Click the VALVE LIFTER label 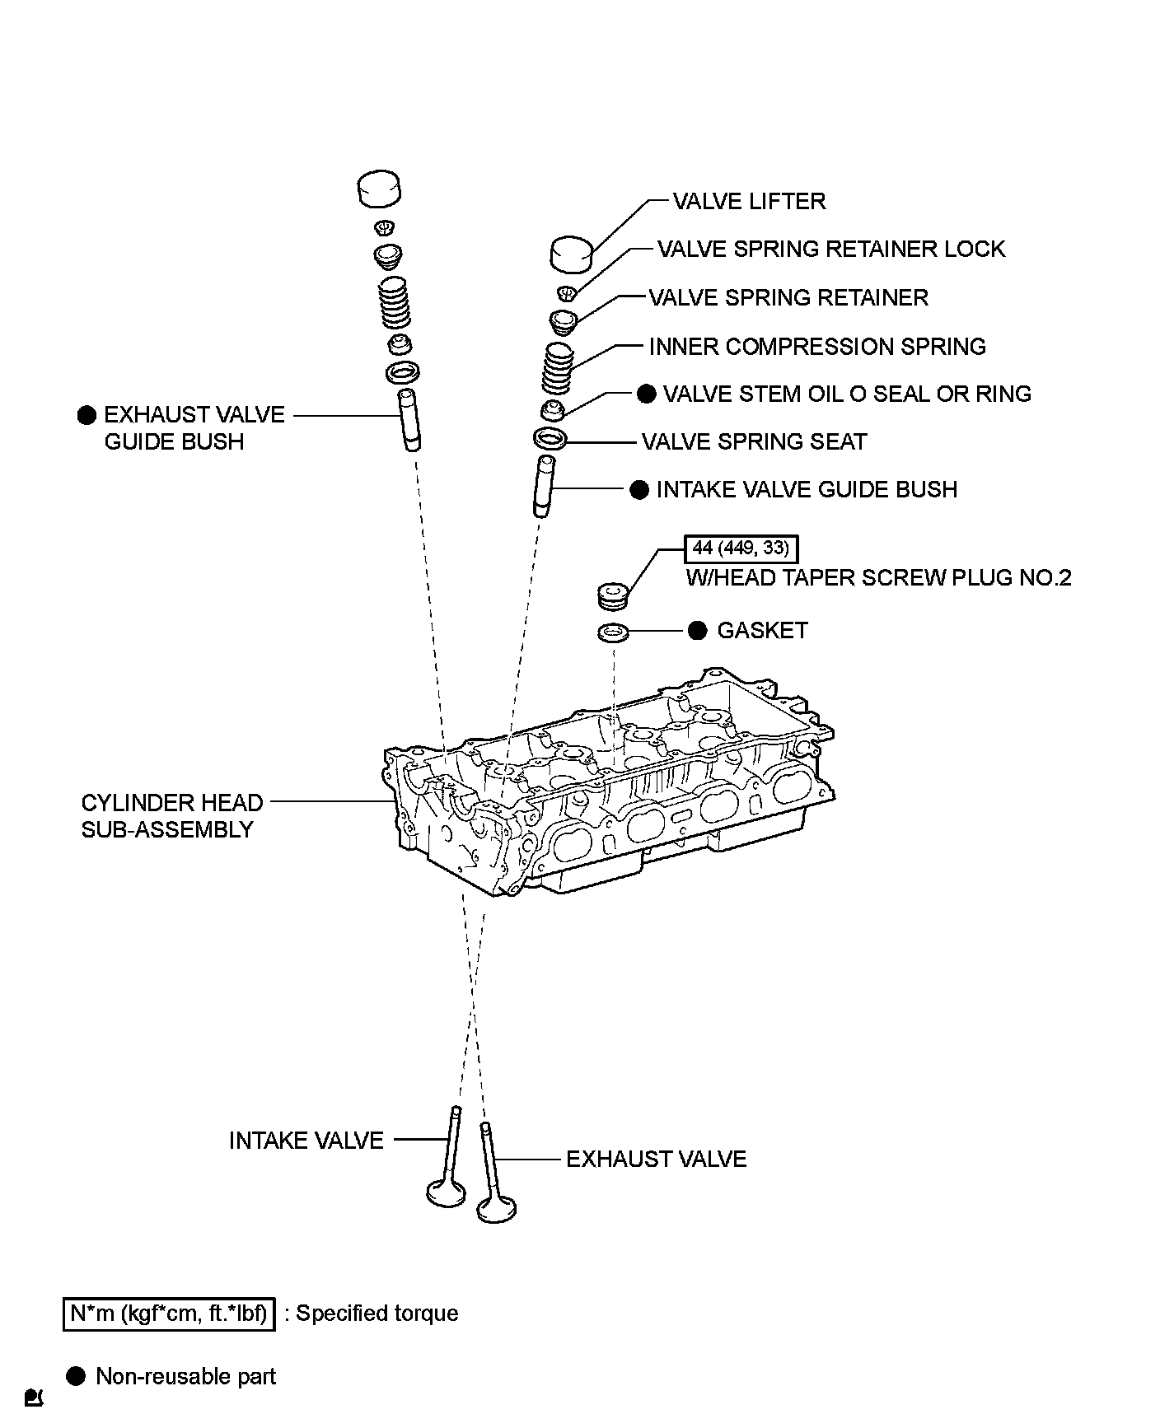748,202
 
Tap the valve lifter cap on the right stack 572,254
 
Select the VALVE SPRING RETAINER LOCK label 830,250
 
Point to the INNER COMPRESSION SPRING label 816,347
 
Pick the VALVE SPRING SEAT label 754,442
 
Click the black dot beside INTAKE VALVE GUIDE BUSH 638,490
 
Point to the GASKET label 762,631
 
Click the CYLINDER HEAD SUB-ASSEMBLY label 172,816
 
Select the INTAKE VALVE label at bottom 306,1141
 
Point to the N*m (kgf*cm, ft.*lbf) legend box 168,1314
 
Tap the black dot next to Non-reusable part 76,1376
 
